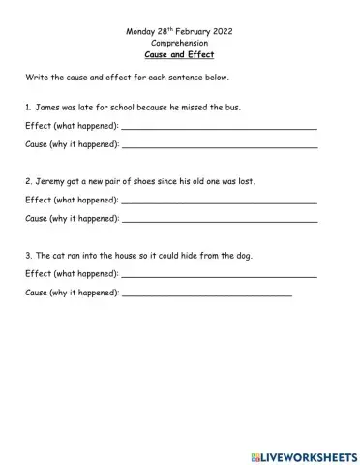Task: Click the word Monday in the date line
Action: click(x=140, y=31)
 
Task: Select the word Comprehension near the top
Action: click(x=179, y=44)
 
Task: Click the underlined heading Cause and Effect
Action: click(x=179, y=56)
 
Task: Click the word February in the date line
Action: click(x=193, y=31)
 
